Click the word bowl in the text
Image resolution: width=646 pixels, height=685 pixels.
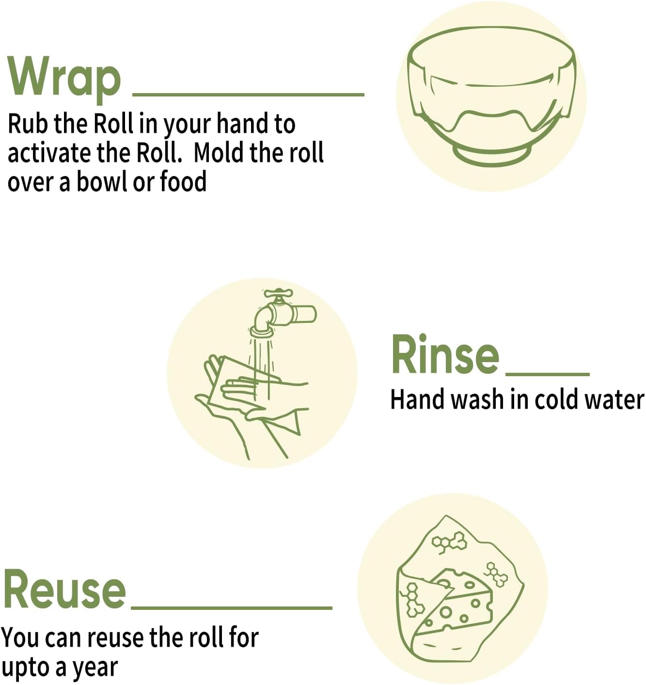[x=101, y=182]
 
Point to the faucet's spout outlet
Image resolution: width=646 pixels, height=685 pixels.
[x=262, y=332]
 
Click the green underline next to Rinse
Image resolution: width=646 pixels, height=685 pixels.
[x=548, y=374]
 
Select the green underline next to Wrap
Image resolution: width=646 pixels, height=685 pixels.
[x=248, y=94]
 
